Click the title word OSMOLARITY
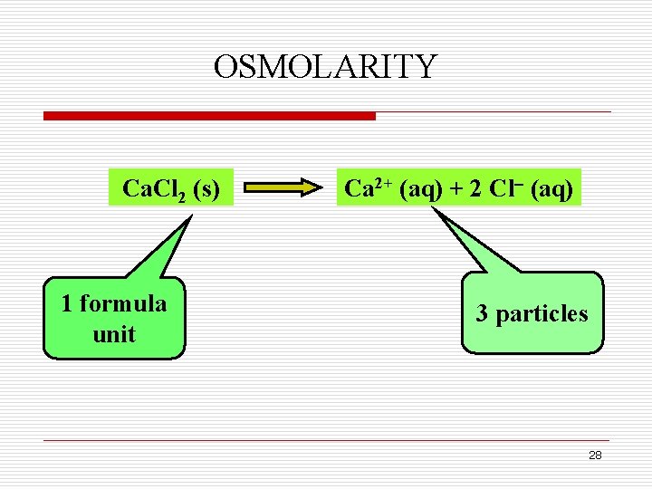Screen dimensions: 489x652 tap(325, 67)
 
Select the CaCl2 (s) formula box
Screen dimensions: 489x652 tap(170, 188)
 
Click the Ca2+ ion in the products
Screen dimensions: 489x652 tap(367, 187)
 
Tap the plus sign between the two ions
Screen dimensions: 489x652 tap(455, 188)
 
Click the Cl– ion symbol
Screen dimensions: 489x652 tap(504, 187)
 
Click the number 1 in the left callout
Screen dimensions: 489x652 tap(67, 303)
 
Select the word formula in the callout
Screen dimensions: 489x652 tap(122, 303)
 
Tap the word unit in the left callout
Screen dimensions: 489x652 tap(114, 334)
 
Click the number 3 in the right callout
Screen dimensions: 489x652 tap(483, 314)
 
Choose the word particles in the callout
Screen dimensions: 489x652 tap(542, 314)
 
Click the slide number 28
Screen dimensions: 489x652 tap(594, 455)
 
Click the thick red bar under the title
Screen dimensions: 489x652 tap(209, 116)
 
